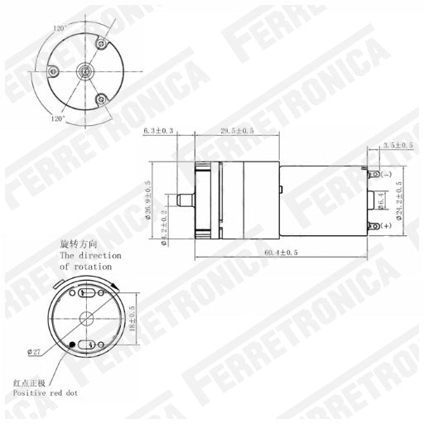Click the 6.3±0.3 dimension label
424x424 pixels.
[x=159, y=131]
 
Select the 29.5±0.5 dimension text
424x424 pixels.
[x=238, y=131]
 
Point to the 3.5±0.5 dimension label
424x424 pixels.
[x=398, y=146]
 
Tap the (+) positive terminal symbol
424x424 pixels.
[x=387, y=235]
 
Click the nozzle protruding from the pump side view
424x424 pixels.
[x=183, y=201]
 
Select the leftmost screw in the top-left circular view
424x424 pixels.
[x=53, y=73]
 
